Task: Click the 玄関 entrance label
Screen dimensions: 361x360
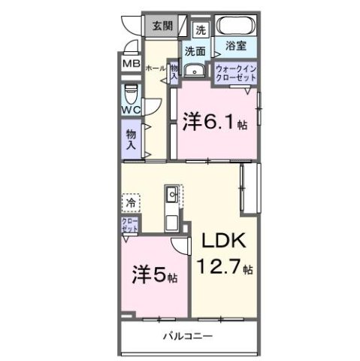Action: pyautogui.click(x=163, y=26)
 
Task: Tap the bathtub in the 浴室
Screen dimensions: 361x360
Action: pyautogui.click(x=236, y=28)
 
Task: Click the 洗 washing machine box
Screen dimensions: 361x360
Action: pyautogui.click(x=201, y=30)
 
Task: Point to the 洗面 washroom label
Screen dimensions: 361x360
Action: pyautogui.click(x=195, y=51)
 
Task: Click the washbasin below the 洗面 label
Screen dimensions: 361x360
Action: pyautogui.click(x=195, y=71)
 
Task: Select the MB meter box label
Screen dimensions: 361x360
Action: pyautogui.click(x=132, y=65)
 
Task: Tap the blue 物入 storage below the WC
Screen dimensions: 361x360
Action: pyautogui.click(x=132, y=140)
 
